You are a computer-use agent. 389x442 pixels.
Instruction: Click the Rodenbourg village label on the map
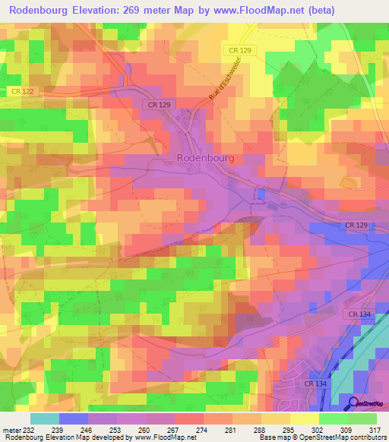pos(205,158)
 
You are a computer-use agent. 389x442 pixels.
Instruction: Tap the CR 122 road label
pos(23,91)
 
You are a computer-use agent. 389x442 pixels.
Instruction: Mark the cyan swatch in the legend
pos(45,419)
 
